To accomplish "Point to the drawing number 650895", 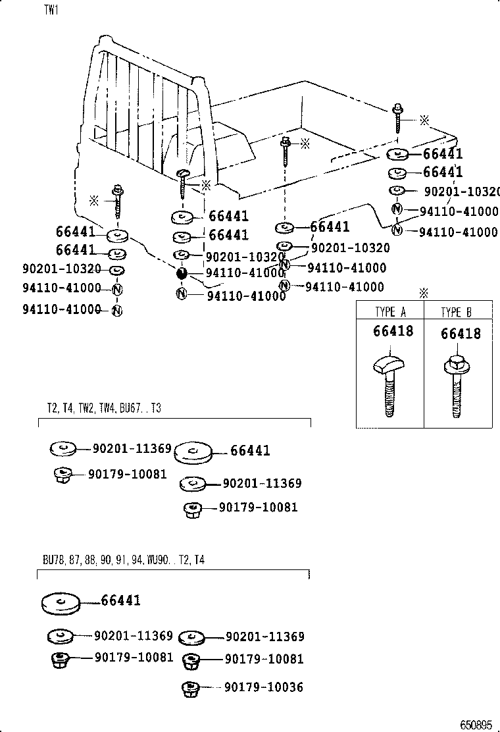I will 476,724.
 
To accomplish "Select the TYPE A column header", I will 390,312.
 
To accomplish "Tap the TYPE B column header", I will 457,312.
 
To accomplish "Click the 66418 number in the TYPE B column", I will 461,334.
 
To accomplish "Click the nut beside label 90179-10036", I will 190,688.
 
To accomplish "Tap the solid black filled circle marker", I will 182,273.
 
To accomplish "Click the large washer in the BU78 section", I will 61,604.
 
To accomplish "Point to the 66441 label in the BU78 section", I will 121,600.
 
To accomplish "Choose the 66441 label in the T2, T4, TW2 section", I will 250,451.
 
